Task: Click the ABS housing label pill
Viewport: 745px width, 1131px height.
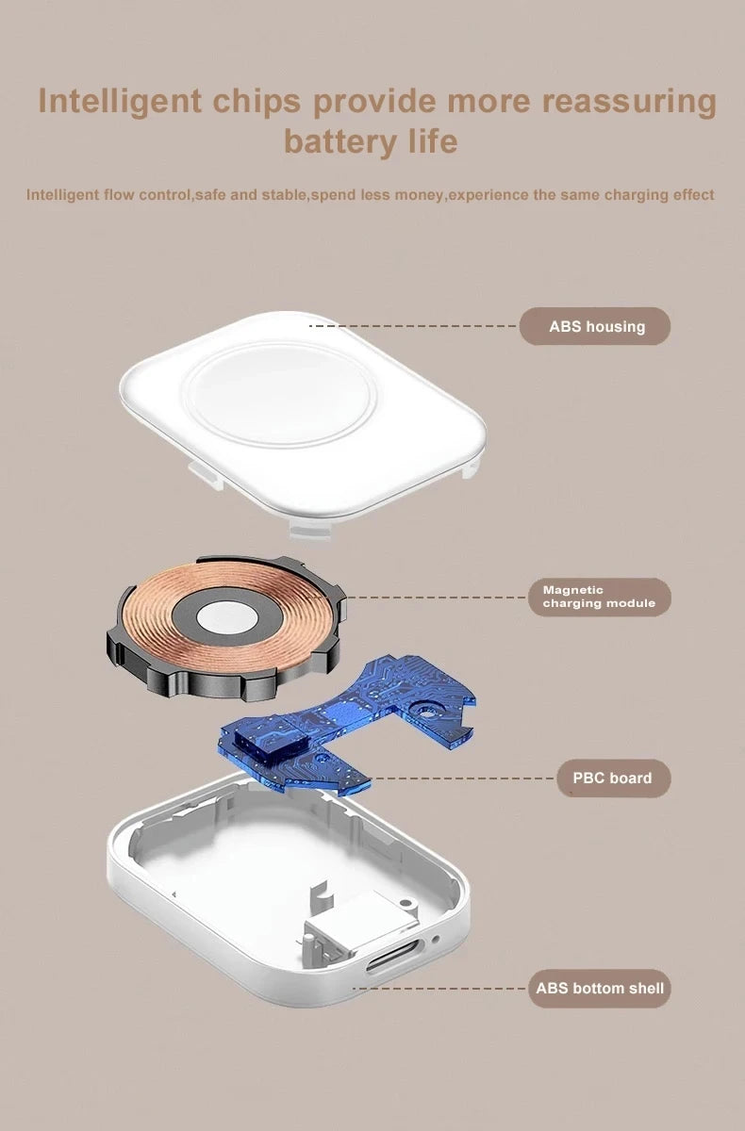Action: (594, 326)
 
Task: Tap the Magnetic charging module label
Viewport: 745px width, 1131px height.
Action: (600, 597)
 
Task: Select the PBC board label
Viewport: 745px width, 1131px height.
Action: (614, 779)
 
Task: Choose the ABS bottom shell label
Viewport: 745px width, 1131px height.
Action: (600, 988)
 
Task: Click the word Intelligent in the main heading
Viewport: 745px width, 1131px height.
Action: (120, 102)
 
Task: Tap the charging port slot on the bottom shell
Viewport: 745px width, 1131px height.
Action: (392, 955)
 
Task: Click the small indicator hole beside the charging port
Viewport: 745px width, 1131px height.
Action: (436, 939)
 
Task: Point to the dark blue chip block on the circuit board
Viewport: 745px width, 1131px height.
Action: (271, 745)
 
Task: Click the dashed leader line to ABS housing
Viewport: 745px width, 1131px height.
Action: (412, 326)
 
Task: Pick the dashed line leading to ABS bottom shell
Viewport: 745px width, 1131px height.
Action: (439, 988)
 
